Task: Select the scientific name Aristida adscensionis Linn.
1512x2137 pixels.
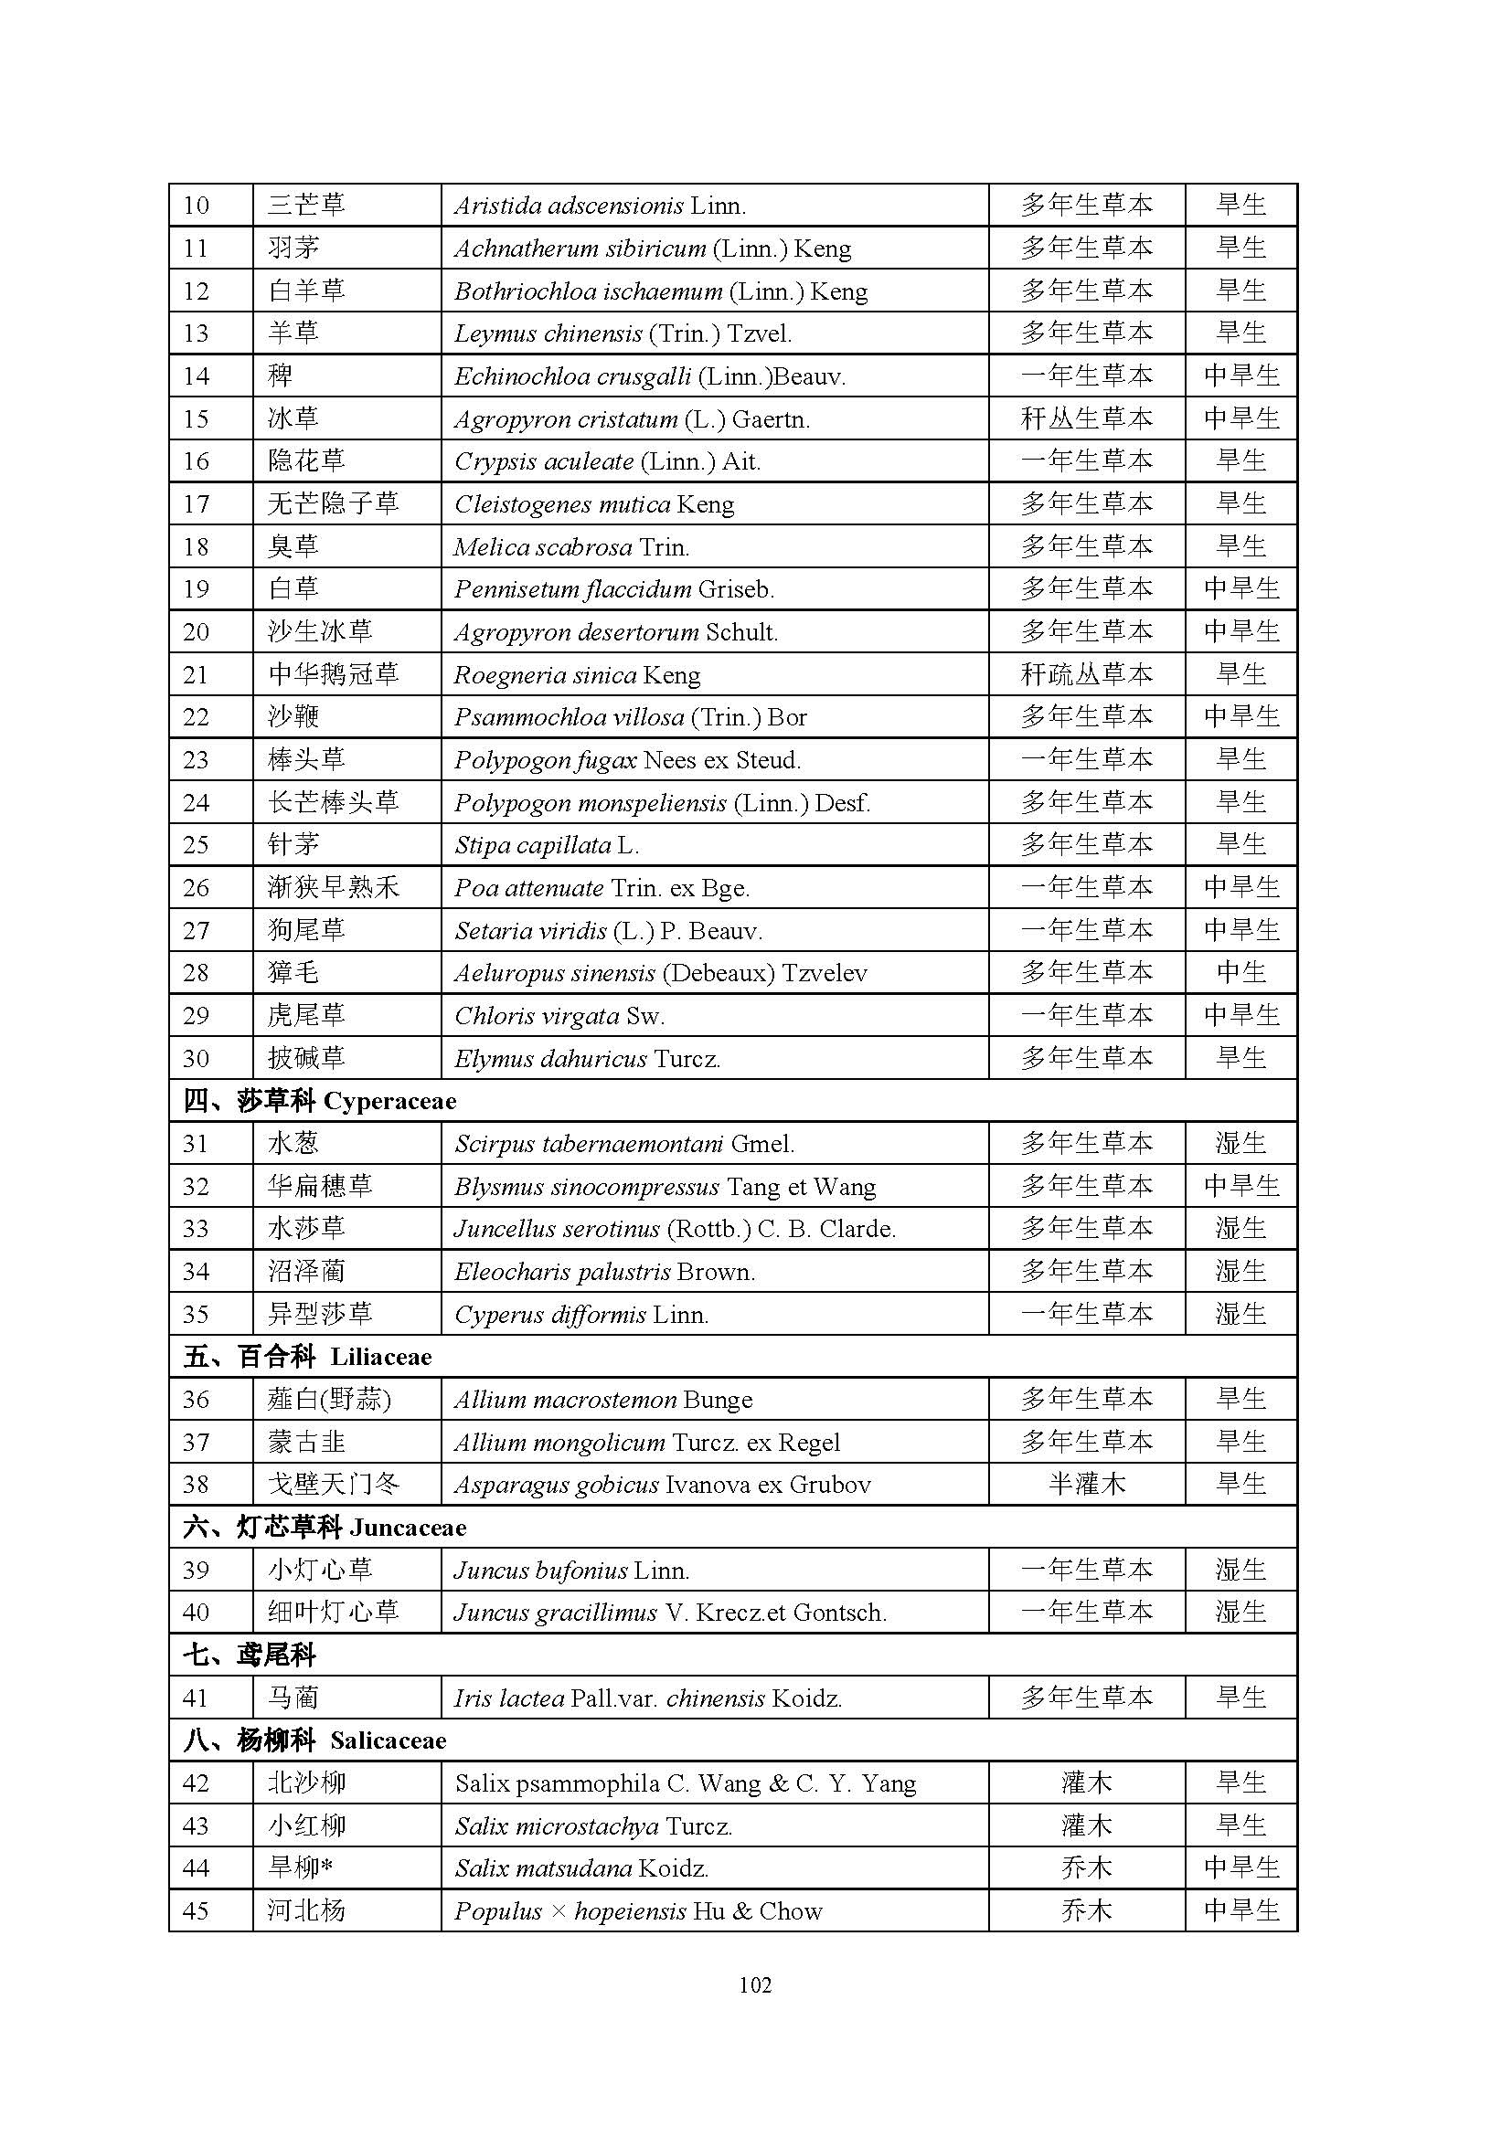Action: (x=600, y=206)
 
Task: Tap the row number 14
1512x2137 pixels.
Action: (x=197, y=376)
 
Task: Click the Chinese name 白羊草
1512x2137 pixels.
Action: (x=306, y=291)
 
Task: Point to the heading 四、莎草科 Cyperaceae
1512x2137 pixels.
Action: (x=319, y=1101)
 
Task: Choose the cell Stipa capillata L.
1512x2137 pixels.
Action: (x=547, y=845)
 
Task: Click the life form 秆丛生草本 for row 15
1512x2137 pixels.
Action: (x=1086, y=418)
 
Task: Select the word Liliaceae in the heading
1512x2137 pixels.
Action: (x=381, y=1357)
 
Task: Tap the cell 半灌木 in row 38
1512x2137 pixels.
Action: (x=1086, y=1485)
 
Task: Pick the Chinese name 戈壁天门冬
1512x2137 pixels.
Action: (x=333, y=1485)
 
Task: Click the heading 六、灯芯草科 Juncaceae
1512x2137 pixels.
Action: (x=325, y=1528)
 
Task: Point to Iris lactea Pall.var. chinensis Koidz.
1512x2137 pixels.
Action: (x=648, y=1698)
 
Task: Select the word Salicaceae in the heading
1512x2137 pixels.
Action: (x=389, y=1741)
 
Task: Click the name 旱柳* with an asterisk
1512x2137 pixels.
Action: (x=300, y=1869)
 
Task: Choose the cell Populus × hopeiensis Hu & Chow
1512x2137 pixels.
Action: (x=639, y=1911)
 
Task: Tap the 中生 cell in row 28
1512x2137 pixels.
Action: (x=1240, y=973)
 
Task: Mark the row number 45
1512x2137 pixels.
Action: (x=197, y=1911)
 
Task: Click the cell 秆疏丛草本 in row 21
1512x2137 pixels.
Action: (x=1086, y=675)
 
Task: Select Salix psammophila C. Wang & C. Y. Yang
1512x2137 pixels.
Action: (x=686, y=1783)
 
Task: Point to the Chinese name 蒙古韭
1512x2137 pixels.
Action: (x=306, y=1443)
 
